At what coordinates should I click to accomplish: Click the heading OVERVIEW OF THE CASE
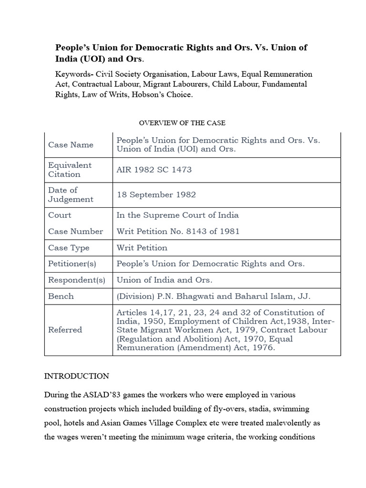click(182, 123)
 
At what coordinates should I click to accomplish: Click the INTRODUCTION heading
click(77, 376)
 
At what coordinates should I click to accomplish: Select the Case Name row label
click(71, 145)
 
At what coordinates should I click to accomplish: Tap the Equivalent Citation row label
click(70, 170)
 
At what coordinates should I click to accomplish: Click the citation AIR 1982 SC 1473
click(154, 170)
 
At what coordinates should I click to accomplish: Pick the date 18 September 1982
click(156, 195)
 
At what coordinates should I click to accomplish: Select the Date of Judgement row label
click(71, 195)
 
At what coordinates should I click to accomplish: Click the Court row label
click(60, 215)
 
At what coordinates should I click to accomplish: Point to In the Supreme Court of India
click(178, 215)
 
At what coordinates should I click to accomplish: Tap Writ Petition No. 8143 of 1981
click(178, 232)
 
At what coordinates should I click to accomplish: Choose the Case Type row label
click(69, 248)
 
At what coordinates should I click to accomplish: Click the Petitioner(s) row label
click(72, 264)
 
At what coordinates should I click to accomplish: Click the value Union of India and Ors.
click(164, 280)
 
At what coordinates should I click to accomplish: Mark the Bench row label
click(61, 296)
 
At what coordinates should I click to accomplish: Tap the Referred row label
click(65, 330)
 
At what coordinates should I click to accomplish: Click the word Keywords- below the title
click(75, 74)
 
